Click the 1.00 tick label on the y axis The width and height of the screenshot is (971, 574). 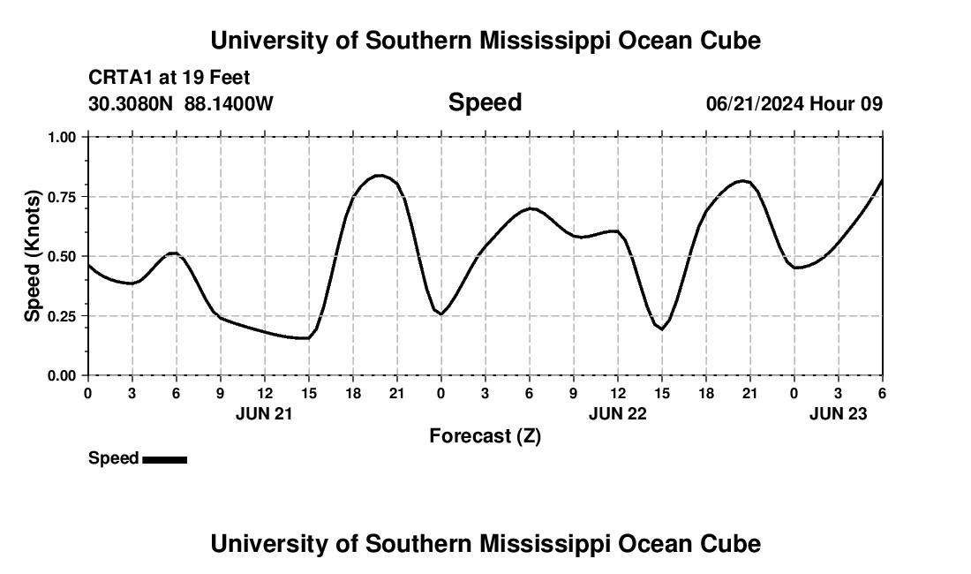click(x=64, y=137)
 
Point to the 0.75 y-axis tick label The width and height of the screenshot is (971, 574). click(x=64, y=197)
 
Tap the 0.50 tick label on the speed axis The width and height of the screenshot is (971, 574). click(x=64, y=256)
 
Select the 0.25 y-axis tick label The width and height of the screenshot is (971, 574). click(x=64, y=316)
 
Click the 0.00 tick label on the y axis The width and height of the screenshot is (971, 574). click(x=64, y=376)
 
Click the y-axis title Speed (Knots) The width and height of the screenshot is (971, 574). click(x=33, y=256)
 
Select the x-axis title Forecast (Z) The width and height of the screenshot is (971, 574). click(x=485, y=435)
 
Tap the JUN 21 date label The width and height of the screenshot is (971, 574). click(x=264, y=412)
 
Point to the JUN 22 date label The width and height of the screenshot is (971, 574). click(x=617, y=412)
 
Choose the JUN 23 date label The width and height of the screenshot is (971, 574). click(x=838, y=412)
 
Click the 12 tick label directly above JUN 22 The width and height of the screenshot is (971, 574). click(x=617, y=393)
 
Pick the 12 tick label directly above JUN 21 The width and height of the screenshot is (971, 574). click(x=264, y=393)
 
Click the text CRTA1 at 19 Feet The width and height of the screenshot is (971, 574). click(x=169, y=78)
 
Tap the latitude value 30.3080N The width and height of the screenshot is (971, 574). click(x=132, y=104)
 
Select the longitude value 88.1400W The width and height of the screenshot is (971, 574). click(x=229, y=104)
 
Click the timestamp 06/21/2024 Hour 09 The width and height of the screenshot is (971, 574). click(x=794, y=104)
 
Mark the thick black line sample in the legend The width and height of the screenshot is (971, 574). click(x=164, y=459)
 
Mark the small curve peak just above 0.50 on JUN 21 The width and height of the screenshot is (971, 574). click(x=174, y=253)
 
